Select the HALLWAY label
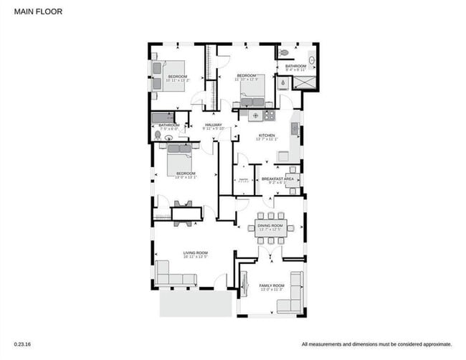pos(214,125)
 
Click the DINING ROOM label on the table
pos(270,227)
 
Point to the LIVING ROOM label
pos(195,252)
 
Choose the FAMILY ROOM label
pos(272,285)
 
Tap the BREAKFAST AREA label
pos(277,179)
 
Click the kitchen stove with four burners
pos(269,114)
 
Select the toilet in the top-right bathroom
pos(284,53)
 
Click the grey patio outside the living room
pos(195,303)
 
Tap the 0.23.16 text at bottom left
pos(22,344)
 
